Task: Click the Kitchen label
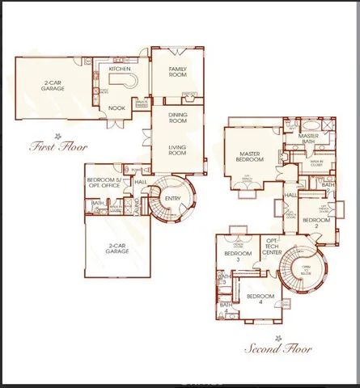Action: point(120,70)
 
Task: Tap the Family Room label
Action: point(178,73)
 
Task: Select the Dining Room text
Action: point(178,118)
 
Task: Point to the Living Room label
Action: point(178,150)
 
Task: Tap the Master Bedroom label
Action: point(252,157)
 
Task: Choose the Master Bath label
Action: point(308,139)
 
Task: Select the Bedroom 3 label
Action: point(234,257)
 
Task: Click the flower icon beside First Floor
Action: point(57,135)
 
